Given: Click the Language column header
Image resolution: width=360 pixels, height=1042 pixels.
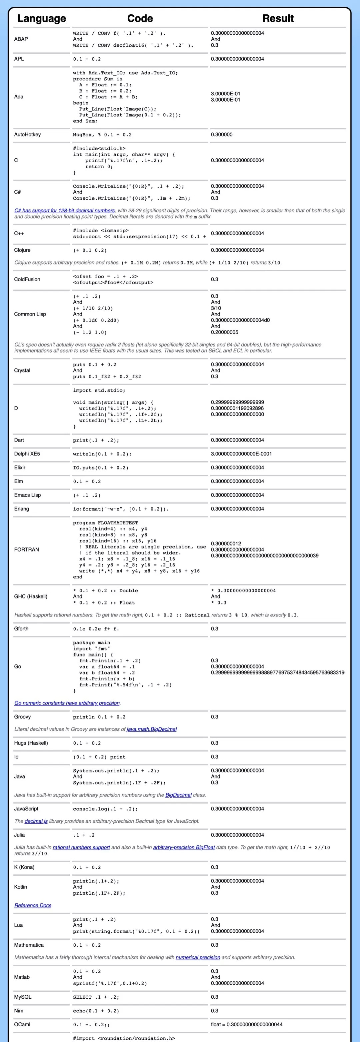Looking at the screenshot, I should (x=42, y=19).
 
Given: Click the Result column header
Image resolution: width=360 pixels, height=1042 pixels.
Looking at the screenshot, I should (x=278, y=19).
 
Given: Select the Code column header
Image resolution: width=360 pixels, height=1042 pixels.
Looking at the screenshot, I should (x=140, y=19).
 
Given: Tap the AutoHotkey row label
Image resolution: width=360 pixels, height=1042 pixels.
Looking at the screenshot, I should (x=28, y=135).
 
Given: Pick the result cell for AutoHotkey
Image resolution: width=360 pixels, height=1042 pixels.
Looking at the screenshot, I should (x=222, y=135).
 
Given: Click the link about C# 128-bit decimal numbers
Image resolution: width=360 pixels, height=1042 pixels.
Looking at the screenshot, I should (x=65, y=211).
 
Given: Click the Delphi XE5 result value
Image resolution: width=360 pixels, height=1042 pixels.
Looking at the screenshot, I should (x=241, y=454).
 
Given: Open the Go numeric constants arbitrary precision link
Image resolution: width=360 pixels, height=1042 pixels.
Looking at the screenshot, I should (x=67, y=703).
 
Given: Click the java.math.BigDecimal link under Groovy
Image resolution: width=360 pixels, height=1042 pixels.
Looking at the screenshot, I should (x=152, y=729).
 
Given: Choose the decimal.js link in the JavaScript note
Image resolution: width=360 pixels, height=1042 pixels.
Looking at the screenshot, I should (x=36, y=821).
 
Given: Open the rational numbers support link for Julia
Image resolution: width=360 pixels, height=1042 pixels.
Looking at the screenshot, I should (x=81, y=847).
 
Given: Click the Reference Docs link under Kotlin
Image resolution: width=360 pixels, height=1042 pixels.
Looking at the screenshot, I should (x=33, y=906).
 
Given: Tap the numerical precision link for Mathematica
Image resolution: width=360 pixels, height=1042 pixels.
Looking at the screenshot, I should (x=198, y=957).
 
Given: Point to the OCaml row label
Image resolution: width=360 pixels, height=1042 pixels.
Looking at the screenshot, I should (x=22, y=1025).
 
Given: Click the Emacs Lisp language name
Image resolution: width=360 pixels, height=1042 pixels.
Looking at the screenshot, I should (x=28, y=496).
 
